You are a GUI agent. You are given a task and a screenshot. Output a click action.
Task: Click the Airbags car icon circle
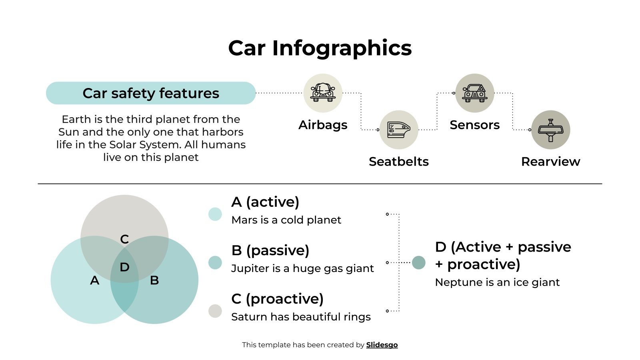pyautogui.click(x=323, y=93)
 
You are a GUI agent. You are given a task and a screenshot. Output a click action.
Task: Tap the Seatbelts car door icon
pyautogui.click(x=399, y=130)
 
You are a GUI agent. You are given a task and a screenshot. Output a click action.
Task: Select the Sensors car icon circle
pyautogui.click(x=475, y=93)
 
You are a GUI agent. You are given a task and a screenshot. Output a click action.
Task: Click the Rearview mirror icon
pyautogui.click(x=551, y=130)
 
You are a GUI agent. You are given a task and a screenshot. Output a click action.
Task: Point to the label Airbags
pyautogui.click(x=323, y=125)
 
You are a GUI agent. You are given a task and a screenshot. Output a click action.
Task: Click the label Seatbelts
pyautogui.click(x=399, y=162)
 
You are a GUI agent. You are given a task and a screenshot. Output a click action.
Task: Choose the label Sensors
pyautogui.click(x=475, y=125)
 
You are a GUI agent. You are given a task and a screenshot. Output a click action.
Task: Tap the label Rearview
pyautogui.click(x=551, y=162)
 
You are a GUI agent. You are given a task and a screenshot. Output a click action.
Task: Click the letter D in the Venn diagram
pyautogui.click(x=124, y=267)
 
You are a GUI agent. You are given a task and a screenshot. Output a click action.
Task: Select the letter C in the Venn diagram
pyautogui.click(x=124, y=239)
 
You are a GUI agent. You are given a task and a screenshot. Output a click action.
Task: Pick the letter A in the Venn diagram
pyautogui.click(x=94, y=280)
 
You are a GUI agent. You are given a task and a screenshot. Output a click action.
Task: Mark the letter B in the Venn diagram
pyautogui.click(x=154, y=280)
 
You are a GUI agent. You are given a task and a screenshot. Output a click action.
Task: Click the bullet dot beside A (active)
pyautogui.click(x=215, y=214)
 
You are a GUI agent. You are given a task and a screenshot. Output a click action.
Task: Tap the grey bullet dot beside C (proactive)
pyautogui.click(x=215, y=311)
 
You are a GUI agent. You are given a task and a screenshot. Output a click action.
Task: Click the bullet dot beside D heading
pyautogui.click(x=418, y=262)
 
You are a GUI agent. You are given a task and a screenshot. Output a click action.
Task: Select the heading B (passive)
pyautogui.click(x=270, y=250)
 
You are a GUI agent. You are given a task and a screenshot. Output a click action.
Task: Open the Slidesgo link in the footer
pyautogui.click(x=382, y=345)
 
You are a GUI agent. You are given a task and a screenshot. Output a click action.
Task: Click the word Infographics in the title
pyautogui.click(x=342, y=48)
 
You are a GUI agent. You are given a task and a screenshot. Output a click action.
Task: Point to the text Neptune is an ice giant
pyautogui.click(x=497, y=282)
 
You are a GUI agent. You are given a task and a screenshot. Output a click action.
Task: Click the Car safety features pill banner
pyautogui.click(x=151, y=93)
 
